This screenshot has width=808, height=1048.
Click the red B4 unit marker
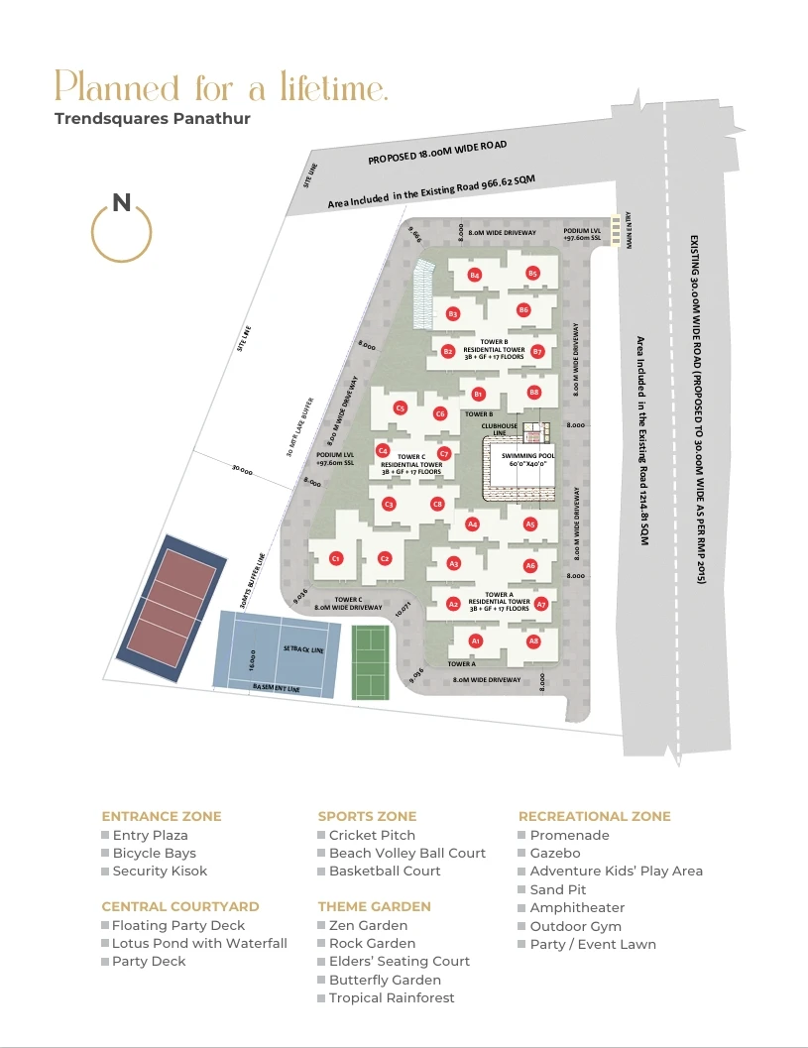tap(475, 274)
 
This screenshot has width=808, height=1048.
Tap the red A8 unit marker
tap(534, 641)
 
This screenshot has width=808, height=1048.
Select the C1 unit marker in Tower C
tap(336, 558)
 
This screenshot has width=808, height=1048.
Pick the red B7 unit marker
tap(537, 351)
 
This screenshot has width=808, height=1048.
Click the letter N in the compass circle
tap(121, 203)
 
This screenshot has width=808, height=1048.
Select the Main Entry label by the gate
tap(629, 233)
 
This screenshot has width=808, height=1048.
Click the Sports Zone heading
tap(367, 816)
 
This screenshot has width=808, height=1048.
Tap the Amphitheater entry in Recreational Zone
tap(577, 907)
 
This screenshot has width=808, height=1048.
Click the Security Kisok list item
tap(160, 871)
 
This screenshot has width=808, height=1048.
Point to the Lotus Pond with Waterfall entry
tap(199, 943)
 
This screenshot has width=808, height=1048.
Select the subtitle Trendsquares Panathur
tap(152, 119)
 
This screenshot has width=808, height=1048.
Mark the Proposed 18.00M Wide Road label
tap(437, 152)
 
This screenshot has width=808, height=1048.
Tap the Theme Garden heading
tap(374, 906)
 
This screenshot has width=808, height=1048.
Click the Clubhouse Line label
tap(501, 429)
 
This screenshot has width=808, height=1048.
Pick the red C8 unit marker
tap(437, 504)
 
